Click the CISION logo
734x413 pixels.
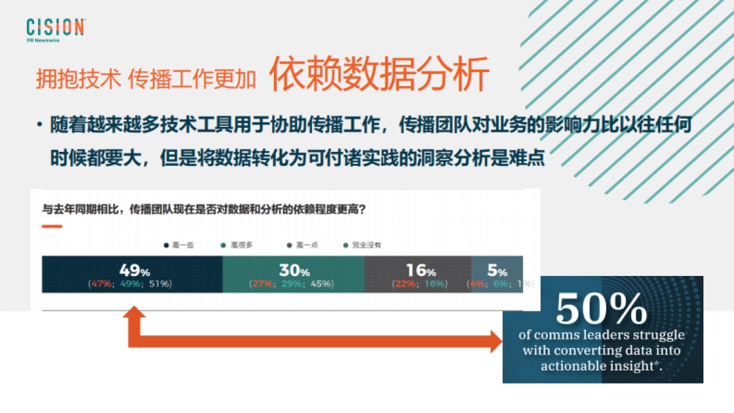[x=55, y=28]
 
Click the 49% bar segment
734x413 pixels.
[x=132, y=274]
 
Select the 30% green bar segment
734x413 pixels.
[x=293, y=274]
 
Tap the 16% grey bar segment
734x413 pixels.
[x=418, y=274]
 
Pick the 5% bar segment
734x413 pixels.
[x=497, y=274]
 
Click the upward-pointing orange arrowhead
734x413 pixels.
[x=134, y=313]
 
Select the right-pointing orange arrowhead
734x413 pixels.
[x=495, y=341]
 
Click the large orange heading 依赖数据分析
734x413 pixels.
[x=380, y=75]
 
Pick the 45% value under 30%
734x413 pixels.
[x=321, y=284]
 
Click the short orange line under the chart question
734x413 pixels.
[x=51, y=226]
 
